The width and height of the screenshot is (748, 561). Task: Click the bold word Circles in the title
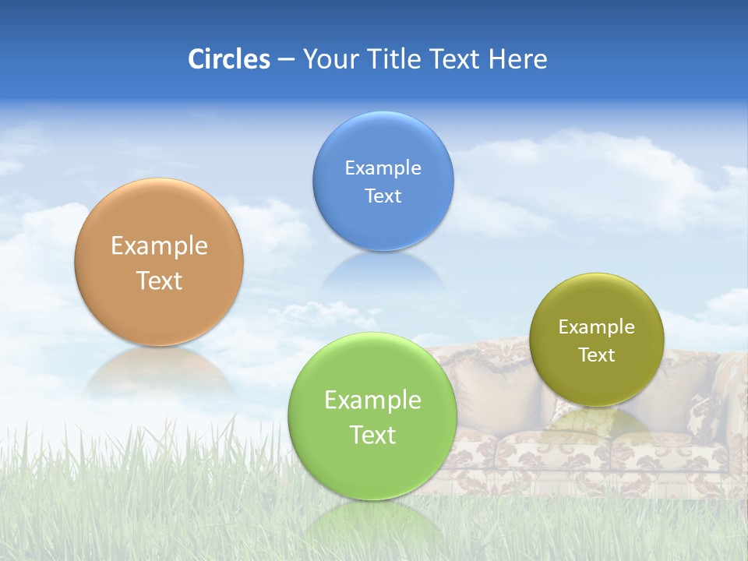click(x=228, y=59)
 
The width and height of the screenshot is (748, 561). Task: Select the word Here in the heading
click(x=517, y=59)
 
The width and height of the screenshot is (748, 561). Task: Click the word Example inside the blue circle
click(x=383, y=168)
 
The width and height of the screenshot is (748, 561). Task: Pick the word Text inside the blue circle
click(x=383, y=196)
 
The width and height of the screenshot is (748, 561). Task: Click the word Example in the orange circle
click(x=159, y=246)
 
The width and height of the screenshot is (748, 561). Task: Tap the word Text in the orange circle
click(x=159, y=280)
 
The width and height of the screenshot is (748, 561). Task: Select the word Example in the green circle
click(x=372, y=400)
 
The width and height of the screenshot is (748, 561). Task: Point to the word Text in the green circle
click(x=372, y=435)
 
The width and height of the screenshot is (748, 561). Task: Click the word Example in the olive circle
click(x=596, y=327)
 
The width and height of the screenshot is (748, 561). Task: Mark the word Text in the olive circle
click(x=596, y=355)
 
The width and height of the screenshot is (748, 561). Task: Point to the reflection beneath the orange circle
click(x=159, y=370)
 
